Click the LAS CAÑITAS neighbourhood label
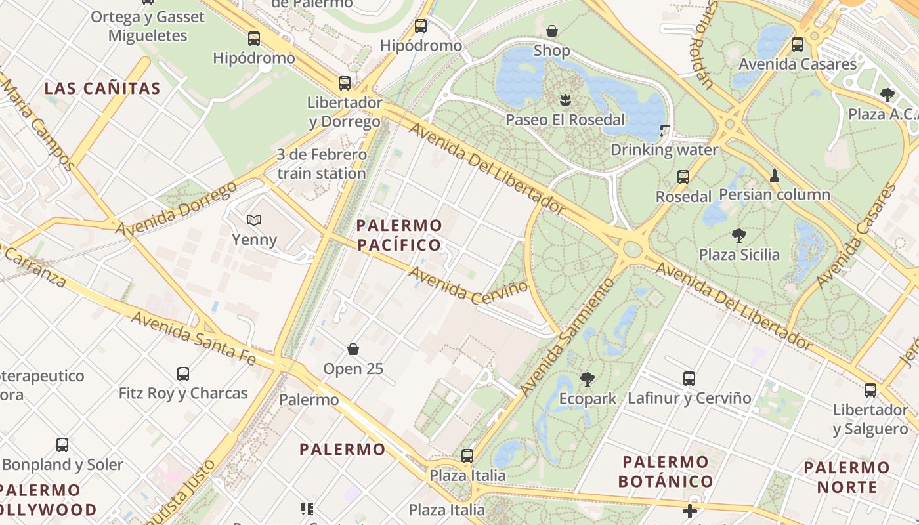[102, 89]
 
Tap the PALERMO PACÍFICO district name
[398, 236]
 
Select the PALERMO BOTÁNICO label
[666, 471]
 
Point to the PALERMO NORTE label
[847, 477]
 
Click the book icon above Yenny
[253, 220]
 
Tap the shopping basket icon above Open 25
[353, 348]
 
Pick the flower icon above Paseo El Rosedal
[565, 100]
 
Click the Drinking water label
[664, 150]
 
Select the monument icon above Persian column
[775, 175]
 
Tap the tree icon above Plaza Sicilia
[738, 235]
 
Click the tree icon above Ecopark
[588, 379]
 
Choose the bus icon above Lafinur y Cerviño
[689, 378]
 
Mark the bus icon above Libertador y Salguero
[870, 390]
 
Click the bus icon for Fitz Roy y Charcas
[183, 374]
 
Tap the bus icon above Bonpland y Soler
[62, 444]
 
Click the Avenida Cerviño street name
[469, 283]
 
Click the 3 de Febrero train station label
[321, 164]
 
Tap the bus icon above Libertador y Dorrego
[345, 83]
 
